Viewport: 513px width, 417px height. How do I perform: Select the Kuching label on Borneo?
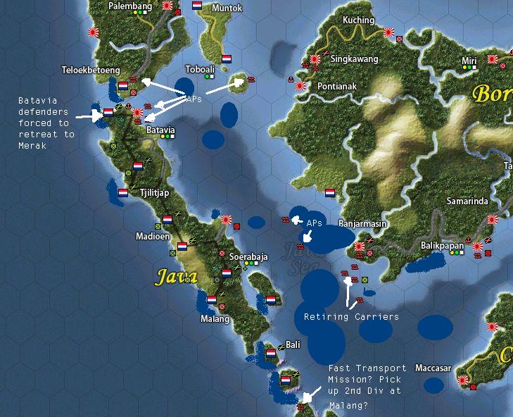click(358, 20)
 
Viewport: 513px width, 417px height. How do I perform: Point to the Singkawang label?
click(354, 59)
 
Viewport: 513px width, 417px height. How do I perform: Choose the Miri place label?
click(469, 61)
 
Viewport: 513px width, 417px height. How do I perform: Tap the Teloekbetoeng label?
click(91, 70)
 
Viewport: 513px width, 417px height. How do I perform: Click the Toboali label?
click(201, 70)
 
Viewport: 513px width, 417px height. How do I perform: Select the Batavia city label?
click(160, 130)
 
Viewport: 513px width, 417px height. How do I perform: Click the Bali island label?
click(293, 345)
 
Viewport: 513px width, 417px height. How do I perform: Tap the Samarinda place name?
click(467, 201)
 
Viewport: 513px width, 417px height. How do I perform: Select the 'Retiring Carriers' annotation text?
click(351, 317)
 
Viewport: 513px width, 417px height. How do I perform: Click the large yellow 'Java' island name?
click(175, 276)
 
